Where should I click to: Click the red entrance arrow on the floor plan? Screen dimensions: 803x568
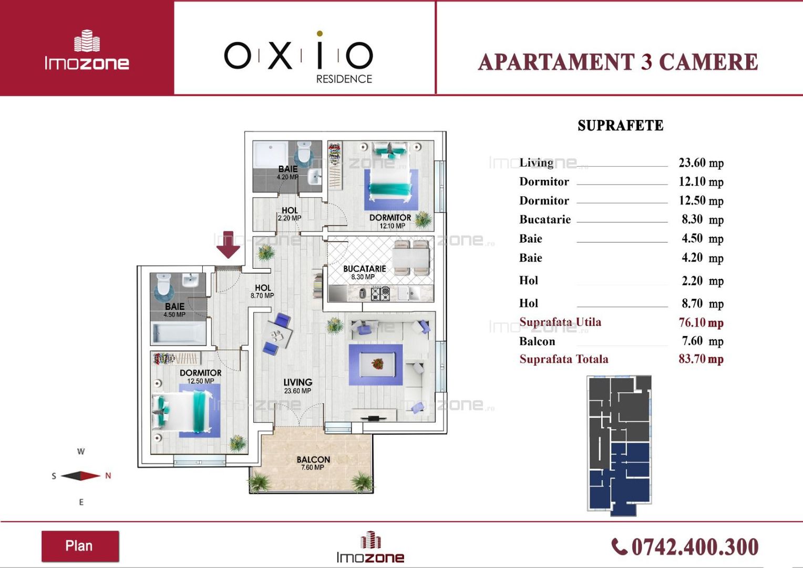click(x=228, y=245)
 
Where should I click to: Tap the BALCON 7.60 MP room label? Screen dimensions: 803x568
click(x=313, y=463)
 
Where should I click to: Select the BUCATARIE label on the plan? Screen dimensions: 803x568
click(x=364, y=269)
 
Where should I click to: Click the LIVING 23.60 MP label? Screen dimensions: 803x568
click(x=297, y=386)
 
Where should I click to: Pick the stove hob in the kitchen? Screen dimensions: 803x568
click(x=380, y=293)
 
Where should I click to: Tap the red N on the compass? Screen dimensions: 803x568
click(x=108, y=476)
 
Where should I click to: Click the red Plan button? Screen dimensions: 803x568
click(x=80, y=546)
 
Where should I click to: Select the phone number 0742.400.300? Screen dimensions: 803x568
click(x=695, y=547)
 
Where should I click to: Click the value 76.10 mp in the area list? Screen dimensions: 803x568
click(x=701, y=322)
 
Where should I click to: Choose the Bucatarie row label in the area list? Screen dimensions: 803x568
click(x=545, y=219)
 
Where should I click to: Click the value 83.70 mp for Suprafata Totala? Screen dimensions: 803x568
click(x=701, y=359)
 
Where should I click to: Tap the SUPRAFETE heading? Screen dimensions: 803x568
click(x=621, y=126)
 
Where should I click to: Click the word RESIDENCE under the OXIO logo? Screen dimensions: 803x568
click(x=344, y=79)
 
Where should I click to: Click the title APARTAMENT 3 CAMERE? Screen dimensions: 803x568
click(x=618, y=62)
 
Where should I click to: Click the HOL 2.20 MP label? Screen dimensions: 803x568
click(x=289, y=214)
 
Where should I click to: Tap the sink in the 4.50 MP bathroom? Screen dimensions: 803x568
click(x=190, y=280)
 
